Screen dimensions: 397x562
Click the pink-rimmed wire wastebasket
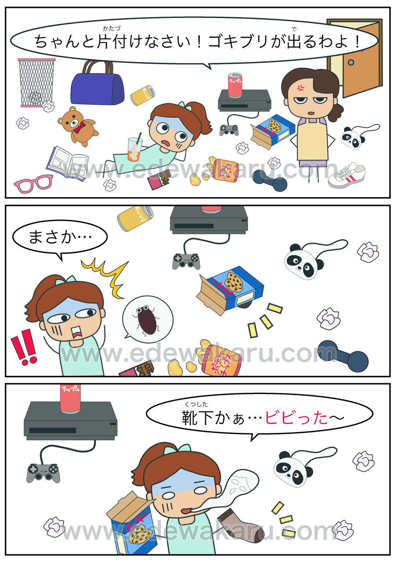coord(36,83)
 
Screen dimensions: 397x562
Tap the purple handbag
coord(97,85)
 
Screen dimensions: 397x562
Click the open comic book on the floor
coord(67,163)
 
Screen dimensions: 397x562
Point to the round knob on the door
coord(351,62)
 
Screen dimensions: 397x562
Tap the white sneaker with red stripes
coord(346,174)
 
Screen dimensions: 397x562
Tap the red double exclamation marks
coord(24,347)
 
